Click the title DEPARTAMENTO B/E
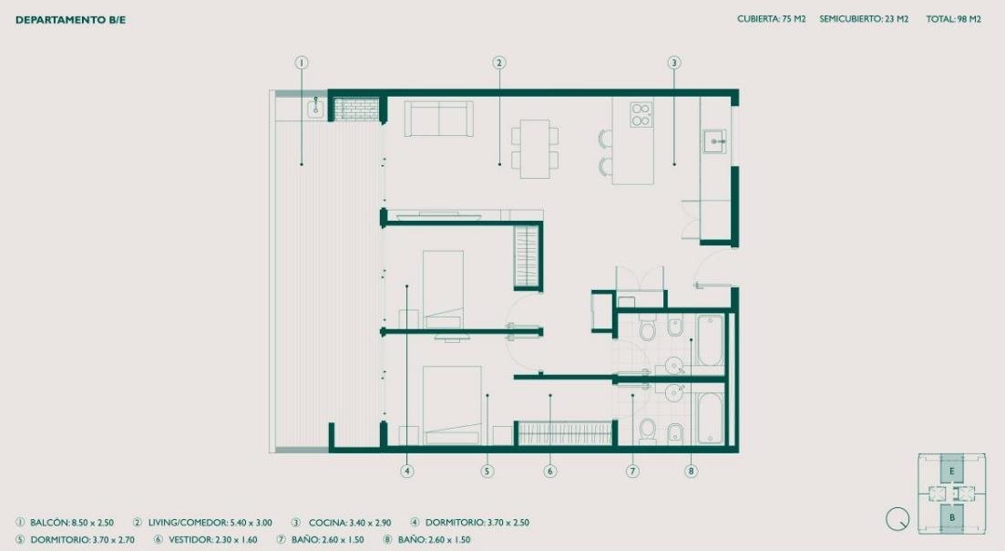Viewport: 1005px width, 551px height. (x=70, y=20)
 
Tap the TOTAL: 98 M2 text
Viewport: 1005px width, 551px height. (x=953, y=19)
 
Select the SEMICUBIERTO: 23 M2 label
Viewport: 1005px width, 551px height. (x=864, y=19)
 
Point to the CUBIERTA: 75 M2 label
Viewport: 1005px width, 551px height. (x=771, y=19)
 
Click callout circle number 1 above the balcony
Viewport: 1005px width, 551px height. (x=302, y=63)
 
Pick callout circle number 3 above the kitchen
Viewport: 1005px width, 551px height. (x=673, y=63)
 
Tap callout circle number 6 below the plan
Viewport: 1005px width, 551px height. (x=550, y=471)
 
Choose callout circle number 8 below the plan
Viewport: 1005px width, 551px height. (x=691, y=471)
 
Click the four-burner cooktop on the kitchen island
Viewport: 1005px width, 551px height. (x=641, y=114)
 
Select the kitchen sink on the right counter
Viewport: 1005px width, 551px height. (x=715, y=141)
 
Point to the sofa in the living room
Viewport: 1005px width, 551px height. (x=439, y=119)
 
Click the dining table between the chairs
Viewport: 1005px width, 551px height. (x=535, y=149)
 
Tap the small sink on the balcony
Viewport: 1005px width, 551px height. (x=315, y=109)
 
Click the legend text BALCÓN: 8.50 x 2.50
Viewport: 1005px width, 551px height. (x=72, y=523)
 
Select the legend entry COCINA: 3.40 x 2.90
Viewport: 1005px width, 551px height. (x=350, y=523)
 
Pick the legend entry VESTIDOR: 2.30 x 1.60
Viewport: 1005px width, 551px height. (x=213, y=540)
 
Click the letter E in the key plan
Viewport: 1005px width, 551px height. (x=952, y=472)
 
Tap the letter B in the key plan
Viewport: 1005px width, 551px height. (x=952, y=517)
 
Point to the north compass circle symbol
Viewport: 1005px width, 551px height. (x=897, y=519)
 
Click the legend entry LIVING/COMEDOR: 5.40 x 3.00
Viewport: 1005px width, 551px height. (x=210, y=523)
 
